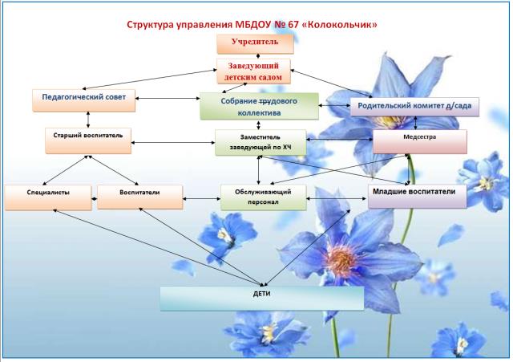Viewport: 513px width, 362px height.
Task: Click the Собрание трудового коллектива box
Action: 259,107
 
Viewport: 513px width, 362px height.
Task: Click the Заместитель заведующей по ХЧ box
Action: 261,142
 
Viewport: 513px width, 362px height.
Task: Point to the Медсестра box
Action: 420,142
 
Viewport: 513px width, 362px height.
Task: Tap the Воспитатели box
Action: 139,197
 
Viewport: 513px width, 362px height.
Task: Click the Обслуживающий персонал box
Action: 263,197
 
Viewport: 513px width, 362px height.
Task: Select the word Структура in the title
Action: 154,26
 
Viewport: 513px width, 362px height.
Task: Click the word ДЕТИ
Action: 261,293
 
